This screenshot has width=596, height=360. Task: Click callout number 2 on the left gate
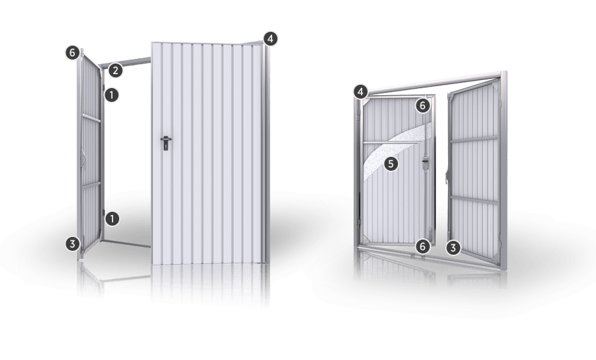pyautogui.click(x=115, y=70)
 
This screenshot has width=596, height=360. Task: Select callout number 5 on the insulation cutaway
pyautogui.click(x=391, y=164)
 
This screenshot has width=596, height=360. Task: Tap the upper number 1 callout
pyautogui.click(x=111, y=95)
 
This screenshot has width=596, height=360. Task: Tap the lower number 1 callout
pyautogui.click(x=112, y=219)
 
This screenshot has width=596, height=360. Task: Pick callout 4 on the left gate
pyautogui.click(x=270, y=39)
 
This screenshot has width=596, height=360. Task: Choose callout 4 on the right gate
pyautogui.click(x=361, y=91)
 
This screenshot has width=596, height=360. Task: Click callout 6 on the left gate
pyautogui.click(x=72, y=52)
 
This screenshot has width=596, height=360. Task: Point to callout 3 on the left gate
pyautogui.click(x=72, y=244)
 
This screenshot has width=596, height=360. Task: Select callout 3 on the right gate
pyautogui.click(x=453, y=248)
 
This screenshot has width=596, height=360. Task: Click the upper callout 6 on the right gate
pyautogui.click(x=422, y=106)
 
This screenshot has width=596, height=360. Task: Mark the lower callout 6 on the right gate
pyautogui.click(x=422, y=247)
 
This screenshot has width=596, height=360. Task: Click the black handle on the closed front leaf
pyautogui.click(x=166, y=143)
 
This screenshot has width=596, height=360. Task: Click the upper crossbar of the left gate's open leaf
pyautogui.click(x=91, y=118)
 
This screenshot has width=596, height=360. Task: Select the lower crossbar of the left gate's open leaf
pyautogui.click(x=91, y=185)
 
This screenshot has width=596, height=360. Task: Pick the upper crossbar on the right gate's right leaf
pyautogui.click(x=474, y=139)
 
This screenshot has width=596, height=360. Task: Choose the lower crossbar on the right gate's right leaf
pyautogui.click(x=474, y=200)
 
